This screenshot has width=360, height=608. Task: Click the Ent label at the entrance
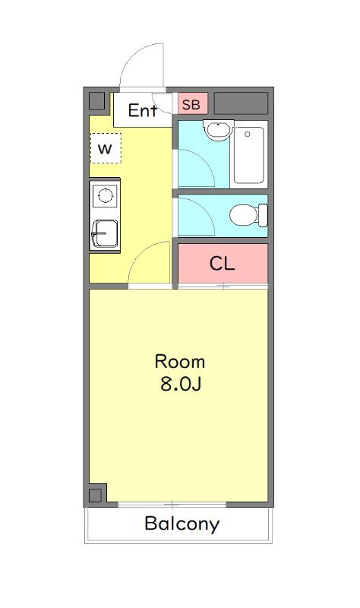click(143, 110)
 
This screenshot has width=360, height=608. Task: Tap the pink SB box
click(193, 103)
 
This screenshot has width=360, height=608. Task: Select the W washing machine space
click(106, 148)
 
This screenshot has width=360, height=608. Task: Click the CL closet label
click(222, 264)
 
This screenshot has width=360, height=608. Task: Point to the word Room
click(180, 362)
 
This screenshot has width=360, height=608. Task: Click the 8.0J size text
click(180, 384)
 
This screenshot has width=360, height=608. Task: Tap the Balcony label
click(182, 524)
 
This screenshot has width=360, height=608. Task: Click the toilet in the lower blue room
click(248, 215)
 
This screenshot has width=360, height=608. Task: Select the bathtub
click(249, 155)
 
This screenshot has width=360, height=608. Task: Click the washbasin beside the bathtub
click(219, 130)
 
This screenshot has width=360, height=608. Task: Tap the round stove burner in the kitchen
click(105, 195)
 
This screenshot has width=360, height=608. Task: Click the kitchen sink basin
click(105, 234)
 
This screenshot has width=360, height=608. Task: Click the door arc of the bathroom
click(204, 160)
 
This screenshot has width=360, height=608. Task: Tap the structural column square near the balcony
click(96, 496)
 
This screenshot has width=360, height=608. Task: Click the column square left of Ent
click(97, 101)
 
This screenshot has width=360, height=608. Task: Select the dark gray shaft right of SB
click(241, 103)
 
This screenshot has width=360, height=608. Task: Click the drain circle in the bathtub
click(248, 135)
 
